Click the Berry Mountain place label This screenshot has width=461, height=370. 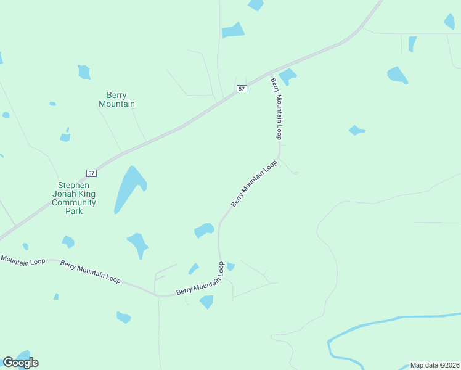117,99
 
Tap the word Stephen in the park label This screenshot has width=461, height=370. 74,185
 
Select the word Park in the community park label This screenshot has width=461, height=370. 74,211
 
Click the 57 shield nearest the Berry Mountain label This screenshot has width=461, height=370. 242,89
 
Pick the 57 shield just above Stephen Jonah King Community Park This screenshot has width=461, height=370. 91,174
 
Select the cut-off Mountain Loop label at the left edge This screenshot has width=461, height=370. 22,261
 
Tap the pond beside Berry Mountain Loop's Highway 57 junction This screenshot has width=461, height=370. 287,76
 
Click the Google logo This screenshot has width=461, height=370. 20,362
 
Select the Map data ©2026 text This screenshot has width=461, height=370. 435,365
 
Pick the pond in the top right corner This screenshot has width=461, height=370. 449,21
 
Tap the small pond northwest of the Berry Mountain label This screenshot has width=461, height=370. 84,72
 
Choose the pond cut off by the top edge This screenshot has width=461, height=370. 255,4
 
